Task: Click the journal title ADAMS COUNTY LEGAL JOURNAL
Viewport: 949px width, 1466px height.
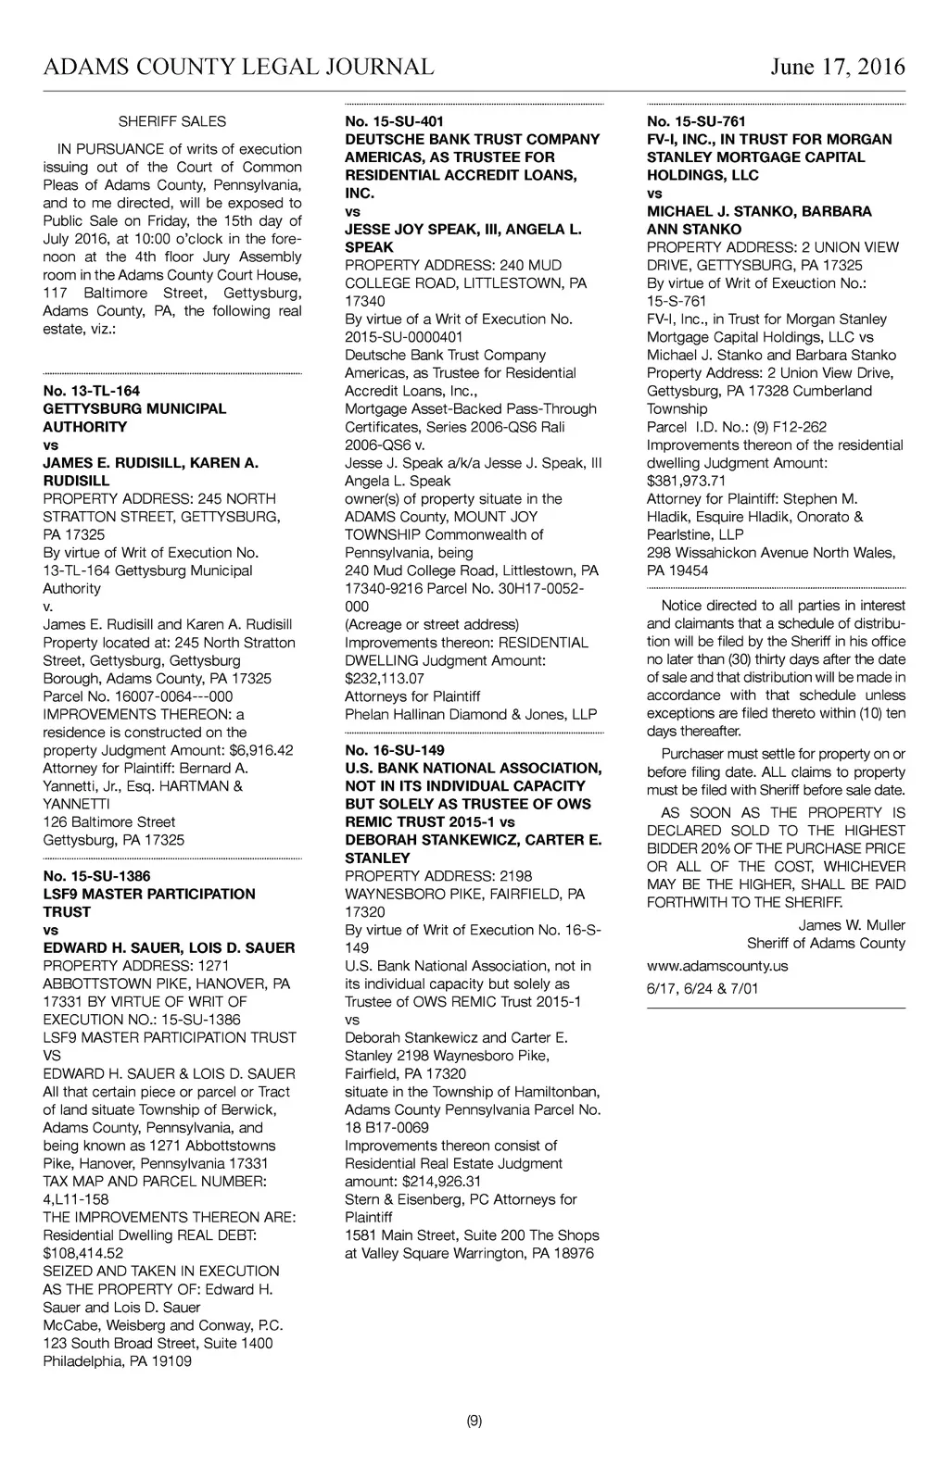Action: pos(238,67)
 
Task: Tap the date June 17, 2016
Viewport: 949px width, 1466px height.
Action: pos(837,67)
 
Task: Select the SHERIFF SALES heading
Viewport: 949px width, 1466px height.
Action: pos(171,121)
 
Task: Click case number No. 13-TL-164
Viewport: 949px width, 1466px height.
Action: pos(92,391)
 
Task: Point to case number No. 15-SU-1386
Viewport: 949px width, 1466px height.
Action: pos(96,876)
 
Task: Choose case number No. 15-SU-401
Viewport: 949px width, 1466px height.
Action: pos(394,121)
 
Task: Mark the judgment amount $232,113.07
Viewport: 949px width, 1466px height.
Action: pos(385,678)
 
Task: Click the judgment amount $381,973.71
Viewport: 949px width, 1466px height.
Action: pos(686,481)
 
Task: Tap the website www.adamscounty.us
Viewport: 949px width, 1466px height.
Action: pos(717,965)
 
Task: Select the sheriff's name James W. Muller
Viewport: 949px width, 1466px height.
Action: pos(852,925)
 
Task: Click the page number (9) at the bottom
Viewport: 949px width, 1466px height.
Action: pos(474,1421)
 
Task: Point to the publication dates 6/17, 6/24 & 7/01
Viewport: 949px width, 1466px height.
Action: pos(702,988)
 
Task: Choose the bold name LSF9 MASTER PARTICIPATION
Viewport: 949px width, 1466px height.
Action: pos(149,894)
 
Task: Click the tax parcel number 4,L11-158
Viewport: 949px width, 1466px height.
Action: pos(76,1199)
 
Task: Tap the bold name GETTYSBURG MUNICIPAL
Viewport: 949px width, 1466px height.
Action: pos(134,408)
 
